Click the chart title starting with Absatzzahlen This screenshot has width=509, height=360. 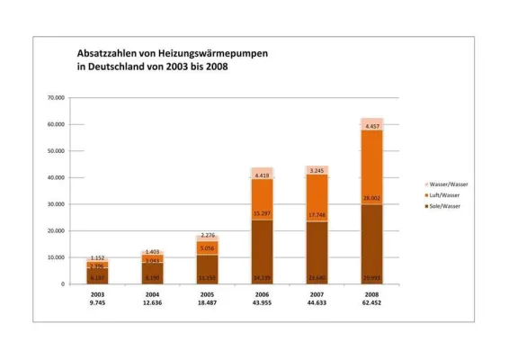tap(172, 60)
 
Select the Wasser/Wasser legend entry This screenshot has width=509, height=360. tap(450, 184)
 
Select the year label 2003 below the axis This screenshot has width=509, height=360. tap(98, 294)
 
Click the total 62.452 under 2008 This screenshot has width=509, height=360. tap(371, 303)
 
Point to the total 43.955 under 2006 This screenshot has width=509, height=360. tap(263, 303)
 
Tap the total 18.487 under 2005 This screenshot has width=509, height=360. tap(208, 303)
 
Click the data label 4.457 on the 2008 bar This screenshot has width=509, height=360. tap(371, 127)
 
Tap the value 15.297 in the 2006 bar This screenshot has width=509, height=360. tap(263, 213)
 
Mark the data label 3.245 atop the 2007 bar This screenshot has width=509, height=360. tap(317, 170)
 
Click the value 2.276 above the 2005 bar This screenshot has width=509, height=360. tap(208, 236)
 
